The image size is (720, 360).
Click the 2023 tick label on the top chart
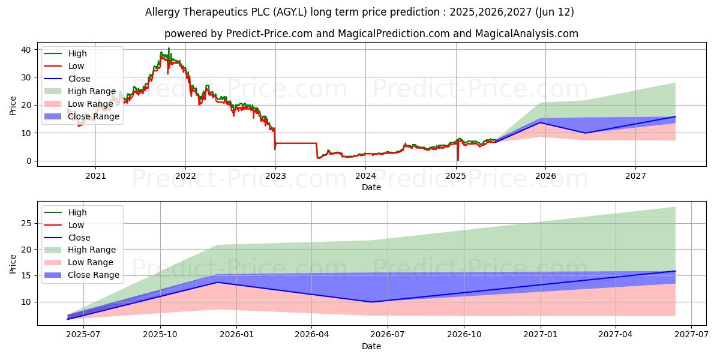275,176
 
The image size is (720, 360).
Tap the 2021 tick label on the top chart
95,176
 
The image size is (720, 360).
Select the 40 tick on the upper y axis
25,50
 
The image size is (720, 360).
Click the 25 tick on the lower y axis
25,223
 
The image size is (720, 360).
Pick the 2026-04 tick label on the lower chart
311,335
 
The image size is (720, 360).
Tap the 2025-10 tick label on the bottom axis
161,335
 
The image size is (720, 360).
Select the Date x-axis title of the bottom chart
371,346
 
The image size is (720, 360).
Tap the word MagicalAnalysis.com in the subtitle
526,34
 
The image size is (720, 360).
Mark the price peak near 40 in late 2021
169,48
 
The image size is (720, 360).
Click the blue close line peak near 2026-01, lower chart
217,282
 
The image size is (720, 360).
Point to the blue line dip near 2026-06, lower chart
371,302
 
